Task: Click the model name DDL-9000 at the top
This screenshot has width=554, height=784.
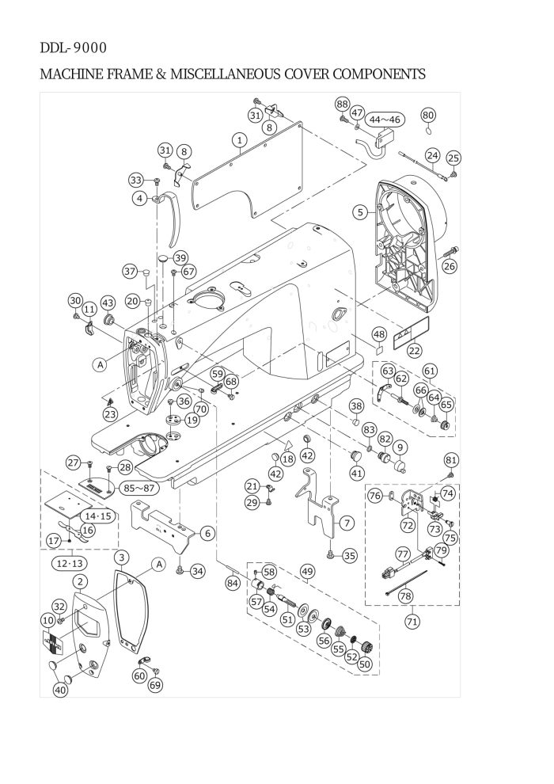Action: click(73, 48)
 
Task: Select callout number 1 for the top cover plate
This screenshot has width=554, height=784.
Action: click(240, 139)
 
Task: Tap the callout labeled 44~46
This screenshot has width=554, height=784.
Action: click(385, 120)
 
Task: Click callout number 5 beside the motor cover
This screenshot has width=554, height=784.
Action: click(360, 212)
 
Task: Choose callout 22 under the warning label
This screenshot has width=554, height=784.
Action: click(414, 351)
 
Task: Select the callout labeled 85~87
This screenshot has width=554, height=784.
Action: click(139, 488)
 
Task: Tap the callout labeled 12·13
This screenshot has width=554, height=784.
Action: click(70, 564)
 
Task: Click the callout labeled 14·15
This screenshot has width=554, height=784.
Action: click(97, 516)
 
